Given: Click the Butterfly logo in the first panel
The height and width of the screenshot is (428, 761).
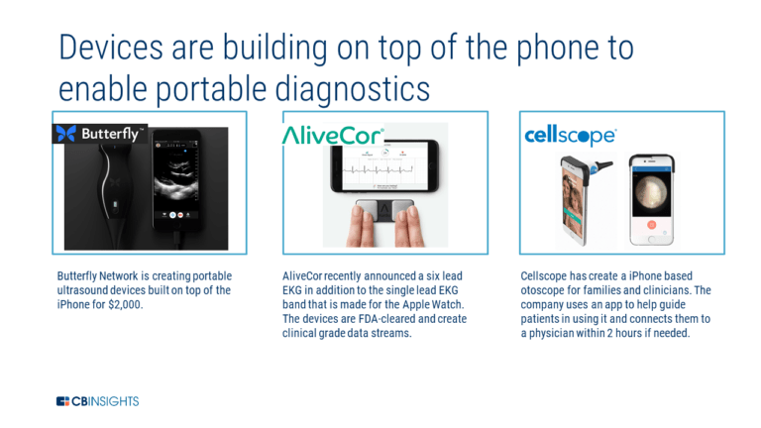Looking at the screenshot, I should (x=99, y=133).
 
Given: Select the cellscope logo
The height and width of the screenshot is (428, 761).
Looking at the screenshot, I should (x=570, y=136).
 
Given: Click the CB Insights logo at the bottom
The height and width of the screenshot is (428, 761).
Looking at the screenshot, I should (x=97, y=401).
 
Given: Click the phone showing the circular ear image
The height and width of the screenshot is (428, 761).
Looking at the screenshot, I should (x=653, y=198).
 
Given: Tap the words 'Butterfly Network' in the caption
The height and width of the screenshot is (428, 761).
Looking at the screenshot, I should (x=100, y=274).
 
